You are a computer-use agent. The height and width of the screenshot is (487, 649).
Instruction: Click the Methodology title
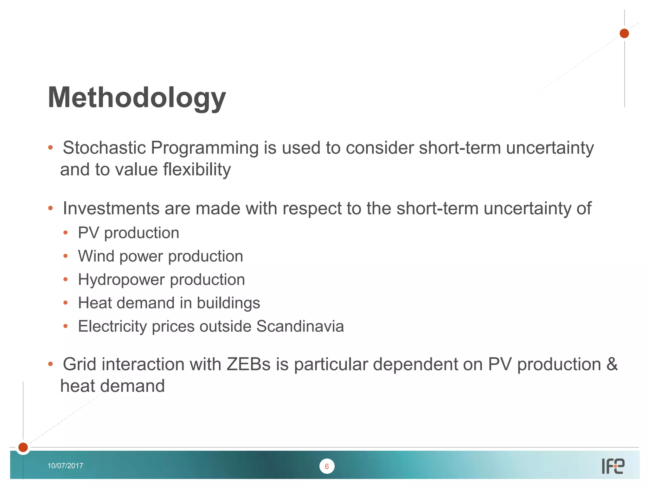(137, 98)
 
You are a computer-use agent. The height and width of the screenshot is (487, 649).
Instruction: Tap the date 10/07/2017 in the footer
(65, 465)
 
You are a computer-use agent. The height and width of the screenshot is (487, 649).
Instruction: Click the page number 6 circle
(327, 466)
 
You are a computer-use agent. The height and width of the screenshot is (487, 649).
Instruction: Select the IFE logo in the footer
(613, 466)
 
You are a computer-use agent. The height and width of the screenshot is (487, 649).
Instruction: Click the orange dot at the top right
(624, 33)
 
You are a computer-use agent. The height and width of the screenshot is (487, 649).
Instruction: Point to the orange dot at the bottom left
(23, 447)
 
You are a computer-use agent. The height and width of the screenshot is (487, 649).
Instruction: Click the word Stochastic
(104, 148)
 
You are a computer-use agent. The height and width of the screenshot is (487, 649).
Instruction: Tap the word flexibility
(197, 169)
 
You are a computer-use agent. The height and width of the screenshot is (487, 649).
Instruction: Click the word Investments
(111, 208)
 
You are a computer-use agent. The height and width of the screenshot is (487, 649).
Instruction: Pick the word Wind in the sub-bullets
(96, 256)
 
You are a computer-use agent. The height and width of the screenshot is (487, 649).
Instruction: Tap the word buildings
(228, 303)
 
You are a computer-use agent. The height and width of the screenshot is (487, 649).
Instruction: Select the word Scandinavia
(300, 326)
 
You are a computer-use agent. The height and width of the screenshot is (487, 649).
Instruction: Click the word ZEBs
(248, 364)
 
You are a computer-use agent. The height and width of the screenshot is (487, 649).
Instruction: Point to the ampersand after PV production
(612, 364)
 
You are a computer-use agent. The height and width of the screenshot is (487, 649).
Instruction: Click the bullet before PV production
(66, 233)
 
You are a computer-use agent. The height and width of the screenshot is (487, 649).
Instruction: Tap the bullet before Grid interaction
(50, 364)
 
